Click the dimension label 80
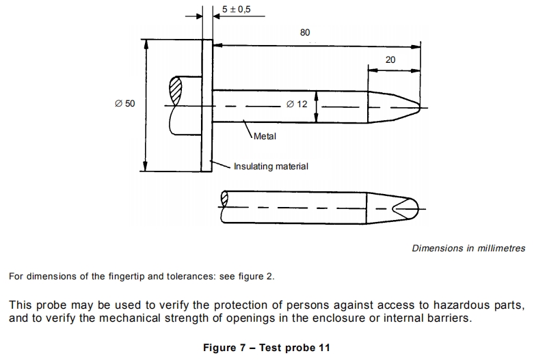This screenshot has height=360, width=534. coord(305,32)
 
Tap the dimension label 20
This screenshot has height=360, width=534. coord(390,60)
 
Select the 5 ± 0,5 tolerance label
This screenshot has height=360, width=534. coord(236,9)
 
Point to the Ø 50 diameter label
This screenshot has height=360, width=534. coord(125,103)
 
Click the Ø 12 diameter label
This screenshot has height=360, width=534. coord(297,104)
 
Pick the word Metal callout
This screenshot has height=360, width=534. coord(265,137)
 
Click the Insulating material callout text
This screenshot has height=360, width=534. coord(271,167)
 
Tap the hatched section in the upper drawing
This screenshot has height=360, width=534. coord(176,91)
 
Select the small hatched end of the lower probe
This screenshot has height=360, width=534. coord(224,199)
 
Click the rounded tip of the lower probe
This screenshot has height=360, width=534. coord(413,208)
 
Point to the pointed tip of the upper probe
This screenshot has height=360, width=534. coord(420,107)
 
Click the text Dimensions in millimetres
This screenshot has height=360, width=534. coord(468,249)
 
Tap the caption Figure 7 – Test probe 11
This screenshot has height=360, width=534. coord(267,348)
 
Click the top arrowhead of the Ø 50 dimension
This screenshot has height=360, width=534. coord(146,44)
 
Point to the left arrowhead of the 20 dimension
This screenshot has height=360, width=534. coord(373,70)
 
